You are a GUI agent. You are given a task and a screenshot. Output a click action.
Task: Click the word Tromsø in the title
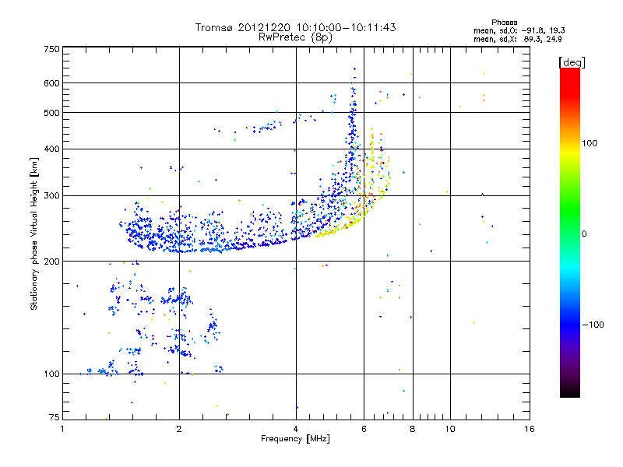[x=214, y=27]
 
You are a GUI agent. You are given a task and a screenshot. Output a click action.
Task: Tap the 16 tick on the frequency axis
[x=529, y=429]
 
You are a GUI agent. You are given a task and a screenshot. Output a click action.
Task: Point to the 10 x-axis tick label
[x=449, y=429]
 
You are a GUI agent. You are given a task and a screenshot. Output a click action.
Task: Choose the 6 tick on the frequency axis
[x=364, y=429]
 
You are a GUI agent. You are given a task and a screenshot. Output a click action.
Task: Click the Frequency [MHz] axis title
[x=295, y=439]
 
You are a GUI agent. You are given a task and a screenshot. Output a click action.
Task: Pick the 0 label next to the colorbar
[x=584, y=233]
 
